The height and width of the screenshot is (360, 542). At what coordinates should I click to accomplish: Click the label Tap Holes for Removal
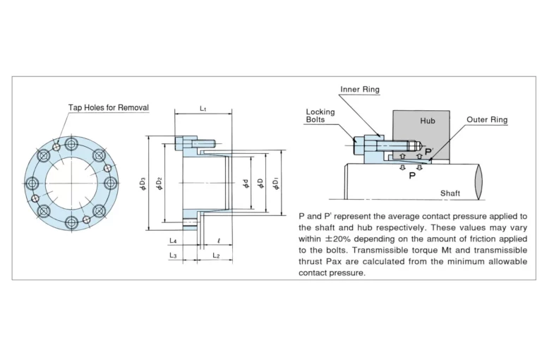(x=109, y=107)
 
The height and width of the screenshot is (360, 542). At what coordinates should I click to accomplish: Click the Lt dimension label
(x=203, y=109)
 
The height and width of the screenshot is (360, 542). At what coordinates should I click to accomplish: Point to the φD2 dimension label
(x=159, y=184)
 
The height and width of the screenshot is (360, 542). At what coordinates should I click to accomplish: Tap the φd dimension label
(x=246, y=184)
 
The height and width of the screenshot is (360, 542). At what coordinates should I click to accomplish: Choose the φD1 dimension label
(x=276, y=184)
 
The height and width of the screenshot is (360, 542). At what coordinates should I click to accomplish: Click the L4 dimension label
(x=173, y=241)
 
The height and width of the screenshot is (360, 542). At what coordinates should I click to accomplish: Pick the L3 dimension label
(x=173, y=256)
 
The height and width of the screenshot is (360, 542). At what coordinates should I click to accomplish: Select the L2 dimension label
(x=216, y=256)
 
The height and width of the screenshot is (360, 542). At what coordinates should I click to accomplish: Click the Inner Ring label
(x=360, y=89)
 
